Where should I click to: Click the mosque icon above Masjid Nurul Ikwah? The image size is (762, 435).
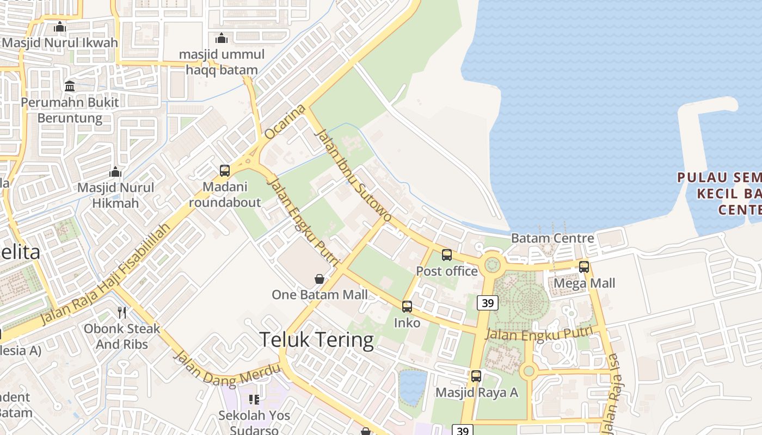coord(60,27)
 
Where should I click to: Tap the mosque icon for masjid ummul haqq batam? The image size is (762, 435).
coord(222,38)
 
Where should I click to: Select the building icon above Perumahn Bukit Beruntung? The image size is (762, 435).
coord(70,86)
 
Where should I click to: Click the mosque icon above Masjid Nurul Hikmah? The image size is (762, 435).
coord(115,172)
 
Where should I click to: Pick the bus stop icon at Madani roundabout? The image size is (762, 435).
coord(225,171)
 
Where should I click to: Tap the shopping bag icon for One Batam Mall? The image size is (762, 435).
coord(319,279)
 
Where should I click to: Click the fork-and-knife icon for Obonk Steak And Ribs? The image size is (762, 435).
coord(122,313)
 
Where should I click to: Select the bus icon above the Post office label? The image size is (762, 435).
coord(447,254)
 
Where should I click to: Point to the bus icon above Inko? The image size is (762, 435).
coord(407,307)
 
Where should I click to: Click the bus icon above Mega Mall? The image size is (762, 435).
coord(584,267)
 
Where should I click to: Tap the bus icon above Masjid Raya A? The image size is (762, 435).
coord(476,376)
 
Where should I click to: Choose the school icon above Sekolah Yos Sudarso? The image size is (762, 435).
coord(254,400)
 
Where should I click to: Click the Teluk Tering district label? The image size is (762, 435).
coord(316,340)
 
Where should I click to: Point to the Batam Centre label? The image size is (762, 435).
coord(552,238)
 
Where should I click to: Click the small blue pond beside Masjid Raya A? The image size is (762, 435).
coord(413,387)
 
